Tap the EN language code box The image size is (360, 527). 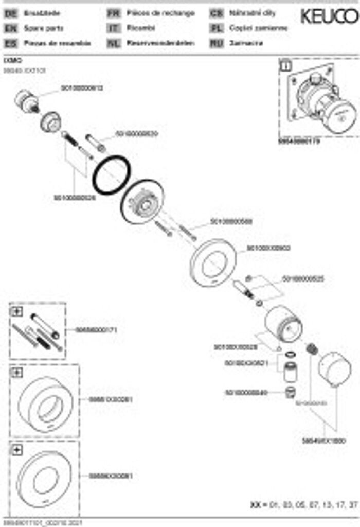[10, 29]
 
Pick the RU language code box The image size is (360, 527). [216, 44]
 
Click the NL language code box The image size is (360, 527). [113, 44]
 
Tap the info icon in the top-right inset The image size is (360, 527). [286, 66]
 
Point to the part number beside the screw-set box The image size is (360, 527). [96, 330]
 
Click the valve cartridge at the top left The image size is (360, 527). [25, 100]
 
